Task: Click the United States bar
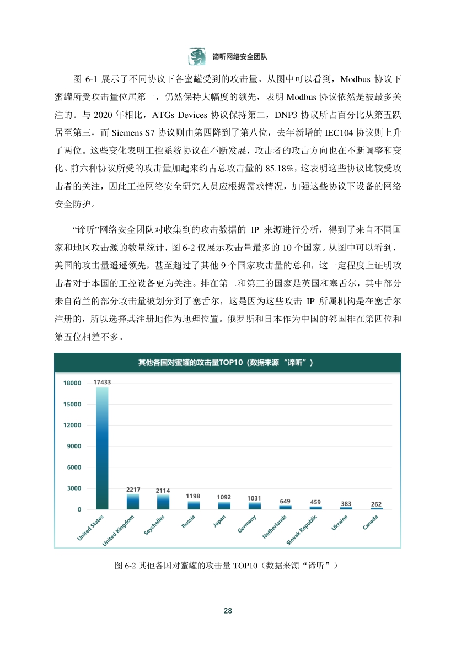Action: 102,448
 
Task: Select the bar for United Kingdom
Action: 133,501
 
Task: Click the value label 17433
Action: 102,381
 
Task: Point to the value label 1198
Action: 193,496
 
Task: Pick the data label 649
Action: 285,501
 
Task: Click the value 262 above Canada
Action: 376,504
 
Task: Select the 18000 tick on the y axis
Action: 73,383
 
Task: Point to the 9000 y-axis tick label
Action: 74,447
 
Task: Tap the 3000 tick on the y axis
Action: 74,488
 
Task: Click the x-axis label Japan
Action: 219,522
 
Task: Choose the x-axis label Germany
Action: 246,524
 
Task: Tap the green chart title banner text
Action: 226,362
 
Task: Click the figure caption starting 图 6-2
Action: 227,566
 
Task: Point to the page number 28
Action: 228,611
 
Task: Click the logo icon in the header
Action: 196,56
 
